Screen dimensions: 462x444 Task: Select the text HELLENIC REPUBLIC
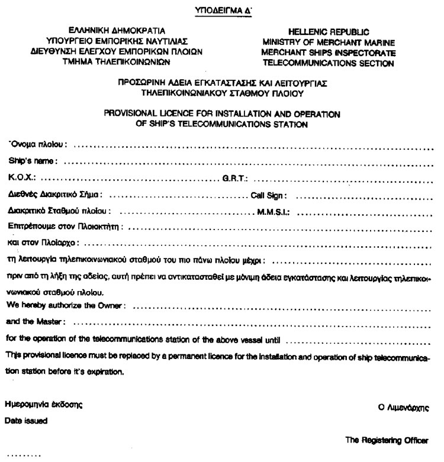pyautogui.click(x=329, y=31)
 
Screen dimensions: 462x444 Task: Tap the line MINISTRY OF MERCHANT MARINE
pyautogui.click(x=329, y=41)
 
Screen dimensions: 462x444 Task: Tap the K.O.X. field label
pyautogui.click(x=22, y=176)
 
